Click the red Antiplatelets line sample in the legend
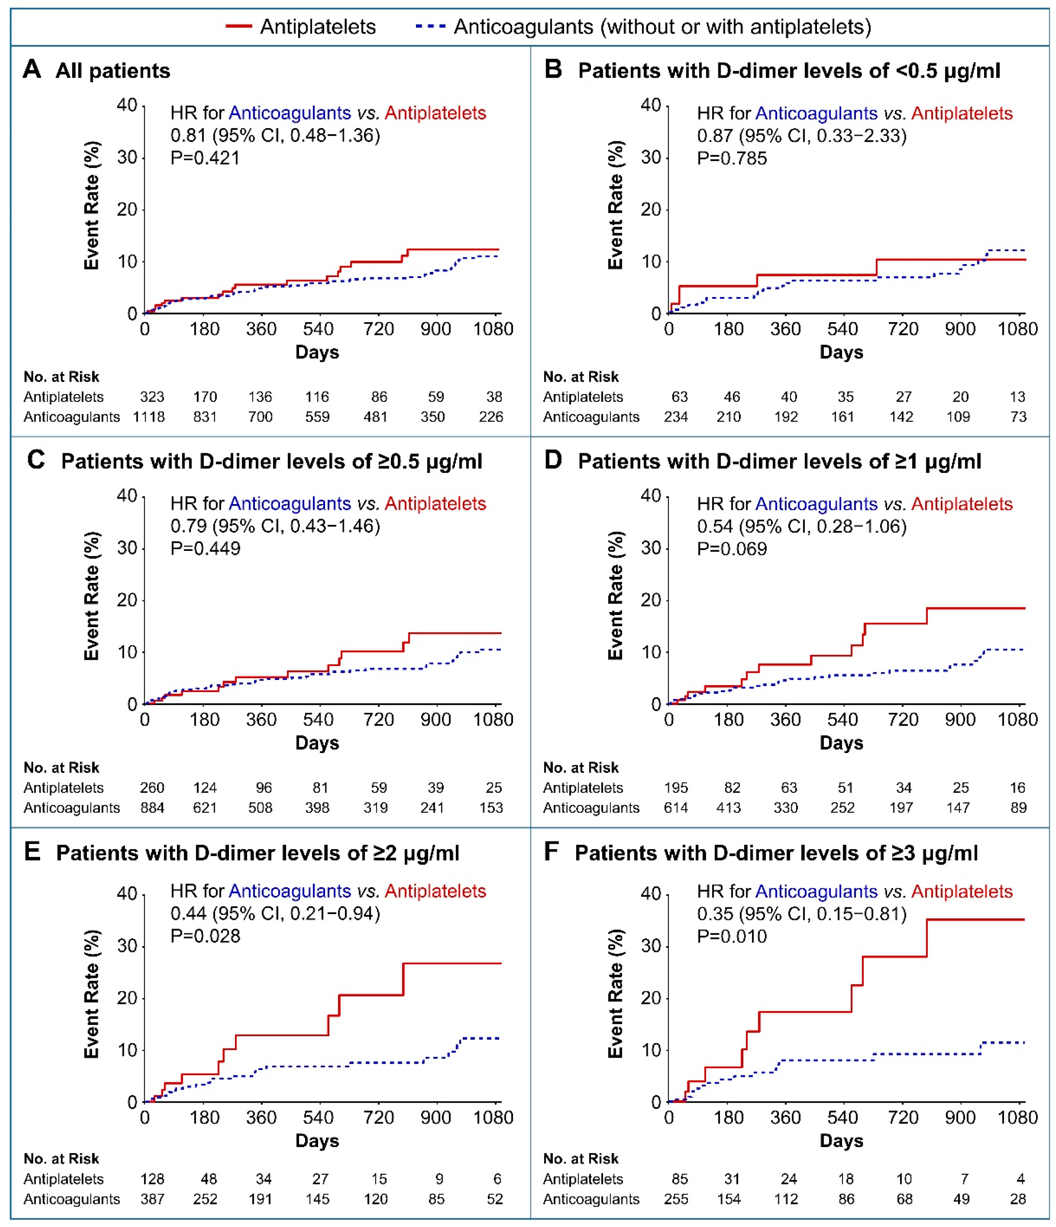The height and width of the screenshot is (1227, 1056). coord(239,27)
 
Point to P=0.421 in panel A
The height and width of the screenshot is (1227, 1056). coord(205,158)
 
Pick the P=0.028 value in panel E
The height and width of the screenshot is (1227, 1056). coord(205,936)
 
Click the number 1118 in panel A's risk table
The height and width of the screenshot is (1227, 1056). coord(148,417)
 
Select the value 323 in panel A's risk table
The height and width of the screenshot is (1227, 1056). coord(152,397)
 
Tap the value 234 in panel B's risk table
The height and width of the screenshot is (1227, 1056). coord(676,417)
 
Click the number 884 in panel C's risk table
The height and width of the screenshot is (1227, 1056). coord(152,808)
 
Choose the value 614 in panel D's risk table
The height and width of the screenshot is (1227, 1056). coord(676,808)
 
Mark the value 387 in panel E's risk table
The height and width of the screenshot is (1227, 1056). coord(152,1199)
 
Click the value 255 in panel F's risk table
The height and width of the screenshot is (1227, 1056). coord(676,1199)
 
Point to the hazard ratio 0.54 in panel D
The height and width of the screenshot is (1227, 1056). coord(715,526)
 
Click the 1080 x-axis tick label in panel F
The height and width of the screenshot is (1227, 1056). coord(1017,1117)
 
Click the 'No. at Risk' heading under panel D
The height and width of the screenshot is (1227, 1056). coord(581,767)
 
